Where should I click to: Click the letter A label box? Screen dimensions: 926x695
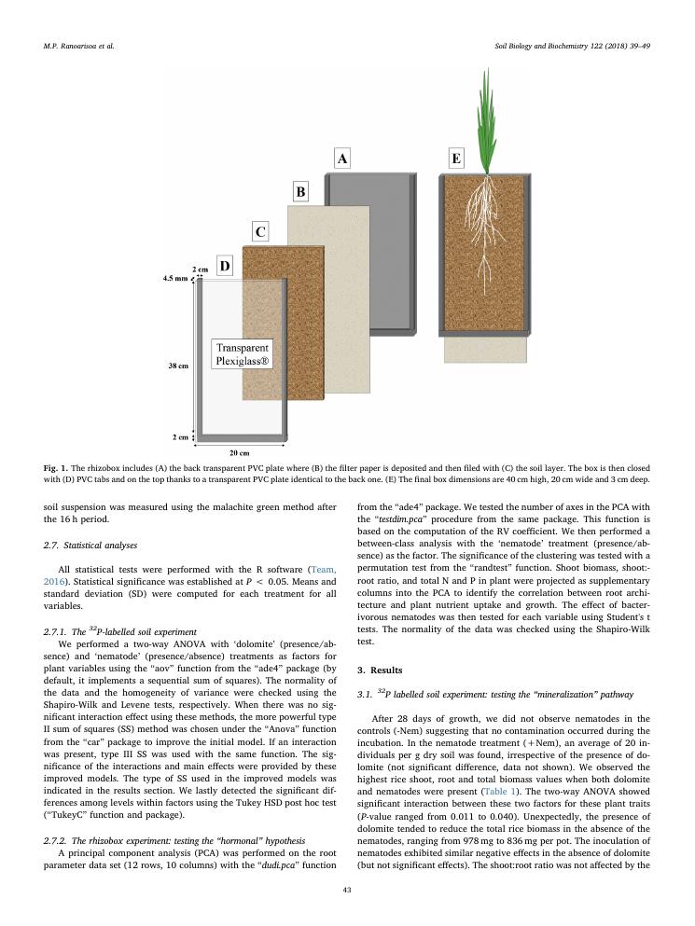pyautogui.click(x=342, y=159)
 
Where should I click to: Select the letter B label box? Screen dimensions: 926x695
pyautogui.click(x=301, y=193)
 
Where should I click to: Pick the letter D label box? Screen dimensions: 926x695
pyautogui.click(x=225, y=267)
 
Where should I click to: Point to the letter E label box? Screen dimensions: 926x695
pyautogui.click(x=456, y=159)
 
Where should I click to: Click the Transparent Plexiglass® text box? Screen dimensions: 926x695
pyautogui.click(x=243, y=355)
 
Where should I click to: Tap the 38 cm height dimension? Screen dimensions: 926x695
pyautogui.click(x=176, y=366)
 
